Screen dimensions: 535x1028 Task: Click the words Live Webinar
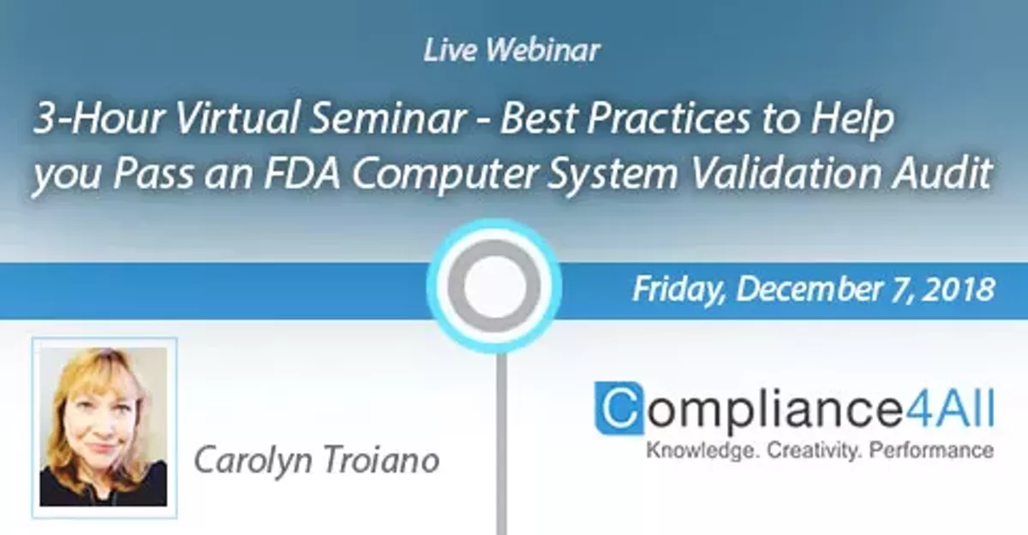[x=512, y=51]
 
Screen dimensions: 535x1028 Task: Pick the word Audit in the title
[x=947, y=176]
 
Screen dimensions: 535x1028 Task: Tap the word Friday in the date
[x=679, y=289]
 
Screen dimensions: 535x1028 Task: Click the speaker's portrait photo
[x=105, y=427]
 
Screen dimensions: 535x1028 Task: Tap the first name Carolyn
[x=247, y=460]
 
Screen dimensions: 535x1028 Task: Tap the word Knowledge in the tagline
[x=692, y=449]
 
